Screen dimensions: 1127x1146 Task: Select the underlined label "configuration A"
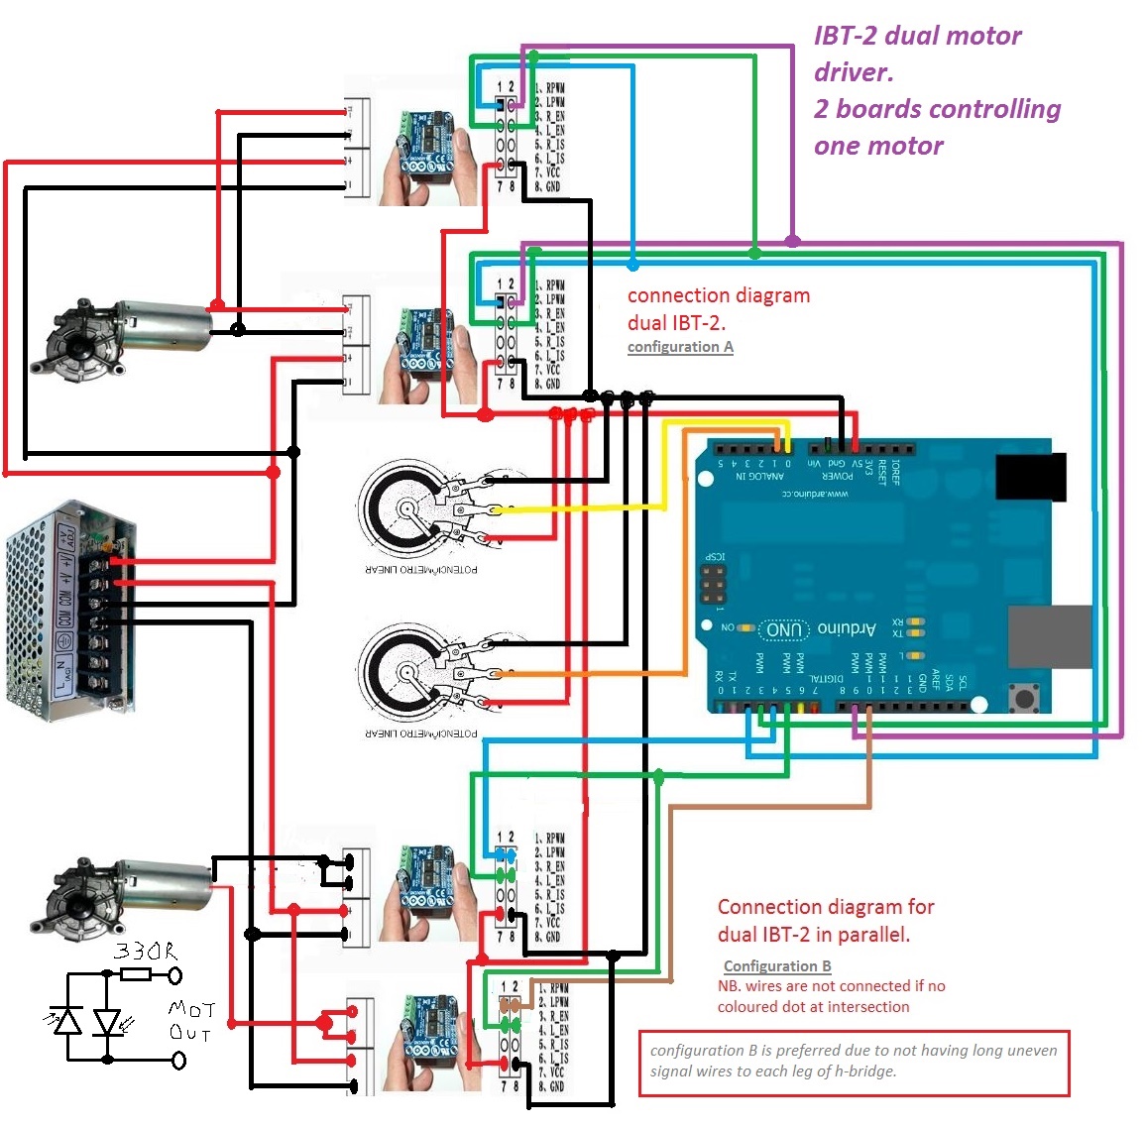(680, 347)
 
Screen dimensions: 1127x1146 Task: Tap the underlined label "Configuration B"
(777, 966)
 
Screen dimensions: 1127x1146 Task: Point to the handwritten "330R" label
(146, 952)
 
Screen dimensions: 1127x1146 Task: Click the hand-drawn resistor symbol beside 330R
(136, 975)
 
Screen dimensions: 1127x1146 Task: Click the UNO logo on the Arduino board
(783, 629)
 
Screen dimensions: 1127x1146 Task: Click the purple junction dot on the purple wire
(792, 241)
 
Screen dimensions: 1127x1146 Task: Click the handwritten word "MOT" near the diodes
(191, 1010)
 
